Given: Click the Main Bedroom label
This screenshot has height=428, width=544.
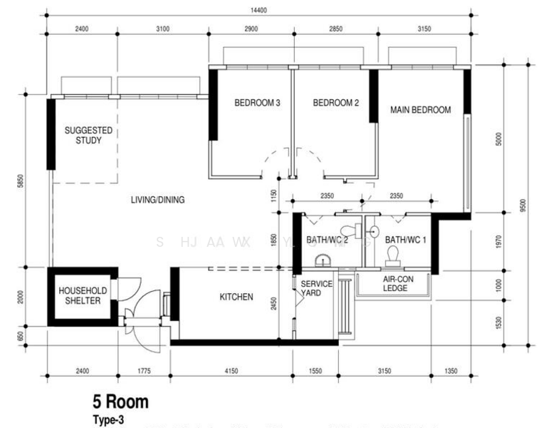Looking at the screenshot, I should click(420, 110).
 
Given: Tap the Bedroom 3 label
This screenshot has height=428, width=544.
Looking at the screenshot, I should click(257, 103).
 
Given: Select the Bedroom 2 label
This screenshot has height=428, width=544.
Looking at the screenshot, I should click(335, 103).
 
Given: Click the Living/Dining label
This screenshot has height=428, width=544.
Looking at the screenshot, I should click(157, 200).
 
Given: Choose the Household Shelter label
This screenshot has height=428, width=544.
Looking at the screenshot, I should click(83, 296).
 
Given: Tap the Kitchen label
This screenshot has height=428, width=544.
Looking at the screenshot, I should click(236, 297).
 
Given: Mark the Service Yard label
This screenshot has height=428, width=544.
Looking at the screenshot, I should click(316, 288).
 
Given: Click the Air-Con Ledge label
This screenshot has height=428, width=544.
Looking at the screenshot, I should click(394, 284).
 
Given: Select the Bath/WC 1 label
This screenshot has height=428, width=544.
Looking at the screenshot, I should click(405, 240).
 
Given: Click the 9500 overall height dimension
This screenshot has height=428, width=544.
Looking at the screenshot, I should click(524, 205).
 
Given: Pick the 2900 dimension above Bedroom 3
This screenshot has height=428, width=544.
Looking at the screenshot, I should click(250, 29).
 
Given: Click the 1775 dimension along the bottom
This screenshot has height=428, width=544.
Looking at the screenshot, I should click(144, 371).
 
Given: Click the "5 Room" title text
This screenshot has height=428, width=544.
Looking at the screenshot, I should click(120, 402).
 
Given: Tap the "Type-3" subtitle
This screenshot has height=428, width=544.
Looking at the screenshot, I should click(108, 419).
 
